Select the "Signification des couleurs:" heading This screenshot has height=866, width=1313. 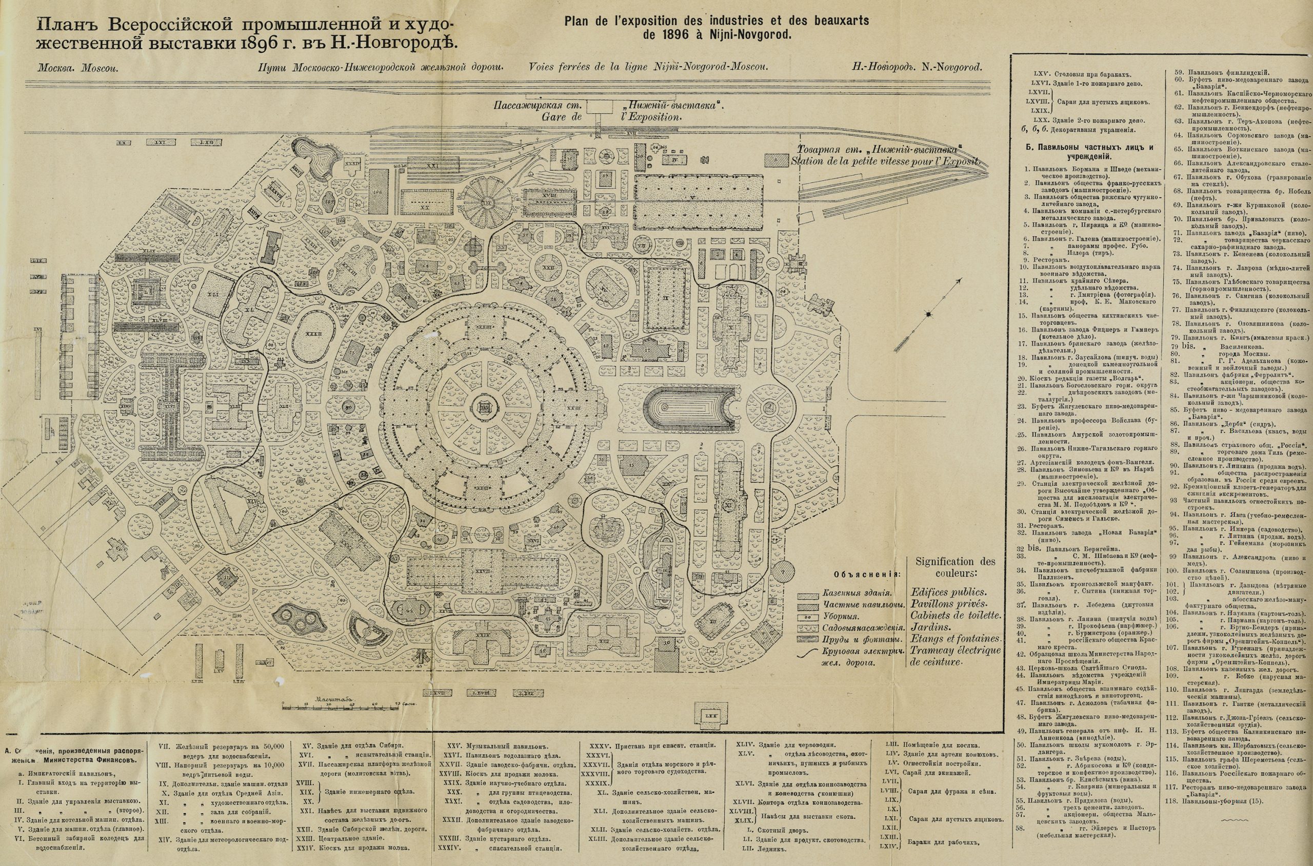955,569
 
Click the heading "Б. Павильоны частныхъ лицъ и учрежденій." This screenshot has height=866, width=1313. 1088,152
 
